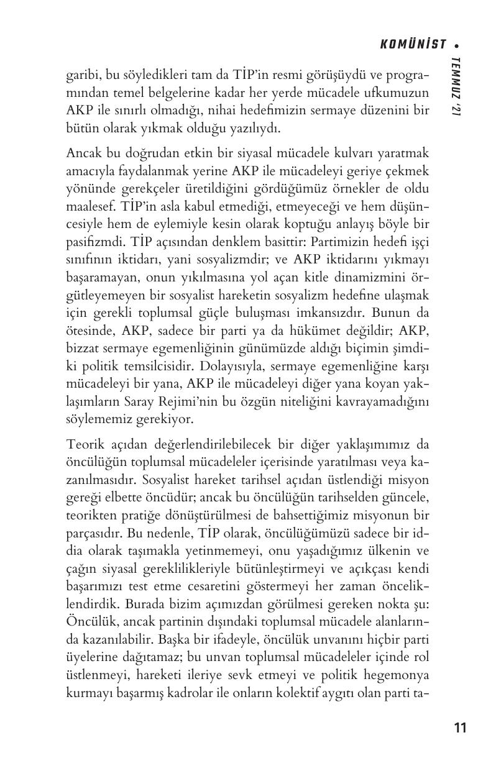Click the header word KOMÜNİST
coord(413,44)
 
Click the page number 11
coord(460,728)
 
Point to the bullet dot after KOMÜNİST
coord(457,45)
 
